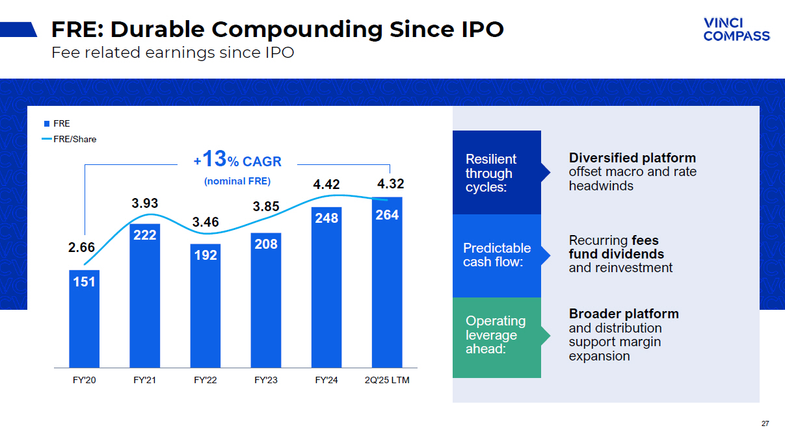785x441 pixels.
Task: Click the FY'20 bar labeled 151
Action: click(84, 318)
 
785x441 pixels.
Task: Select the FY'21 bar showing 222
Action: click(144, 296)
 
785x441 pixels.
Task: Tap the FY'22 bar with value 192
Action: click(205, 305)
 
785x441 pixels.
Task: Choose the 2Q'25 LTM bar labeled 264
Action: click(387, 283)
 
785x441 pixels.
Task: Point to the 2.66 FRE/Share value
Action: click(82, 247)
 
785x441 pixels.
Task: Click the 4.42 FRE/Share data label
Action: click(326, 185)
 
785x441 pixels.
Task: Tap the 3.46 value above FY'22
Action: click(206, 222)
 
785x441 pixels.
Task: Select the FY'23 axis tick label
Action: click(266, 380)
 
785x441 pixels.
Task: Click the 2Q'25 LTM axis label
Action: click(387, 380)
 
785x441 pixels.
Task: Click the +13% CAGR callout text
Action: click(237, 160)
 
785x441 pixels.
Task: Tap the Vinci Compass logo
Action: click(736, 29)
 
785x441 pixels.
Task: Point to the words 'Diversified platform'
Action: click(632, 158)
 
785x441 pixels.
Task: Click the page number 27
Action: click(765, 423)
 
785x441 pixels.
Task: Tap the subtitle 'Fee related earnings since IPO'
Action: click(172, 53)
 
